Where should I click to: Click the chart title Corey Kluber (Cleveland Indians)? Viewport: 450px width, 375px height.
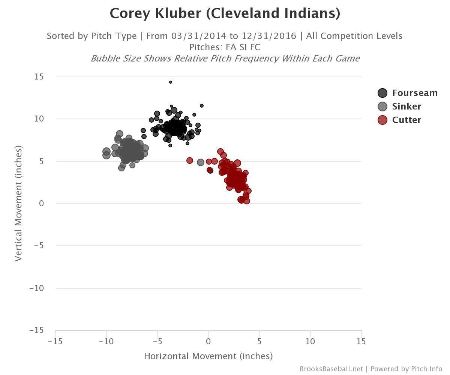(x=225, y=13)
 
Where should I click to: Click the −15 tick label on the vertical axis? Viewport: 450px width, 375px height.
(x=36, y=330)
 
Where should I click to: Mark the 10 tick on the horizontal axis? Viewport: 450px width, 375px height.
(x=310, y=341)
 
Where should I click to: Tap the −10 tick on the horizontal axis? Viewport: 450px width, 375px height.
(x=106, y=341)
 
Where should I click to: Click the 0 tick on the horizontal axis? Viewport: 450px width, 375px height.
(x=208, y=341)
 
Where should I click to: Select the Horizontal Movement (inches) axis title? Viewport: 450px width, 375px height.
(x=208, y=356)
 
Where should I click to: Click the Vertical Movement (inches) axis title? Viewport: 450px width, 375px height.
(x=18, y=203)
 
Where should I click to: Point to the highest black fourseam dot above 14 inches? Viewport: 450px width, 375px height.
(x=171, y=82)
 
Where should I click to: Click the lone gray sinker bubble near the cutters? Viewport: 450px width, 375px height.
(x=201, y=162)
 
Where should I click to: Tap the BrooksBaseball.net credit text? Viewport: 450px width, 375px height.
(x=331, y=369)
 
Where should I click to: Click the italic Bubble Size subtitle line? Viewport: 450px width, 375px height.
(x=225, y=58)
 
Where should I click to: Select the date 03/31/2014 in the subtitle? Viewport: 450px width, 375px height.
(x=199, y=36)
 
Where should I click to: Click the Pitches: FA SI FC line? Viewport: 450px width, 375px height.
(x=225, y=47)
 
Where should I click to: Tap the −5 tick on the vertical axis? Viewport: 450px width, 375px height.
(x=39, y=246)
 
